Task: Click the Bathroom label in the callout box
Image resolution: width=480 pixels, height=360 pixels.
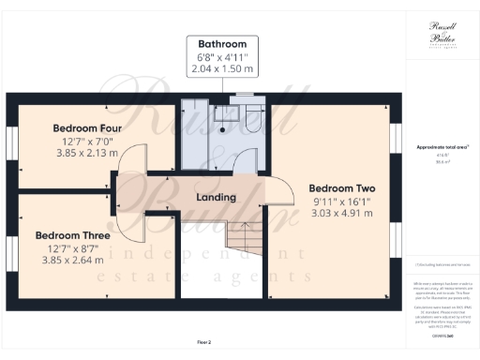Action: pyautogui.click(x=222, y=44)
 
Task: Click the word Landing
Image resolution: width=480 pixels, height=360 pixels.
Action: pyautogui.click(x=215, y=198)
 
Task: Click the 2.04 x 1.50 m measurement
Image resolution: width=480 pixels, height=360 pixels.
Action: pyautogui.click(x=222, y=69)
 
